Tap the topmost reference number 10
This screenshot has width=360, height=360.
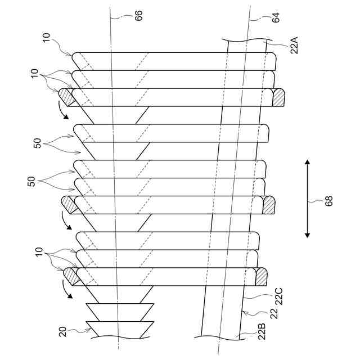(47, 38)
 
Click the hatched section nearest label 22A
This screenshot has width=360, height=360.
(278, 97)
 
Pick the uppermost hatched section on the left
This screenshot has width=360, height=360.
(65, 97)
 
